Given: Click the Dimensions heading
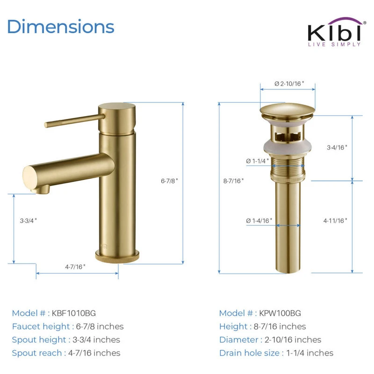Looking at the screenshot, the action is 61,27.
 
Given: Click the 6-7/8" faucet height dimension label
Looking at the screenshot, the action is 169,181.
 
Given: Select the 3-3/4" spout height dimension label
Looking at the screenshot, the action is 28,221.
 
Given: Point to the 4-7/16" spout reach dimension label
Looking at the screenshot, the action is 75,266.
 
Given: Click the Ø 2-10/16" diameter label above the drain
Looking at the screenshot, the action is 289,84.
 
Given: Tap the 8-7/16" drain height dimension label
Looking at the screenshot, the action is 233,181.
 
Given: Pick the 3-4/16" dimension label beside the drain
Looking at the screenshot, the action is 337,147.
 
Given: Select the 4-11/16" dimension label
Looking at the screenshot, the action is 335,221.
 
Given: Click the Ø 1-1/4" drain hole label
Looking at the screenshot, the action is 258,161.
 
